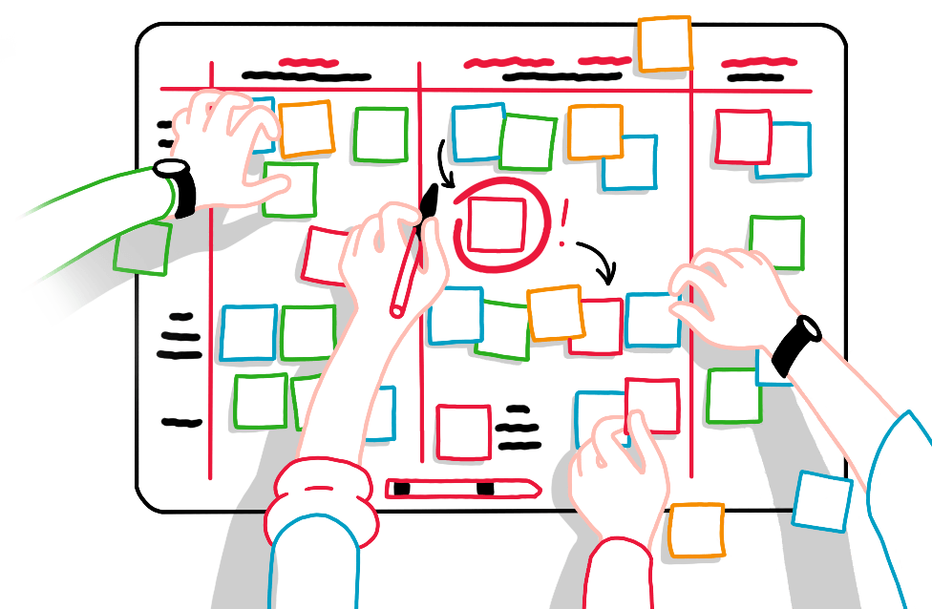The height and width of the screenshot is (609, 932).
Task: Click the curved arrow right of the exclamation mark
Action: pos(597,260)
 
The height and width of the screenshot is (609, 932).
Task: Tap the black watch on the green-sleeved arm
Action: pos(180,186)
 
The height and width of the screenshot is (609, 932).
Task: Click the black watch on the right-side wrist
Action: pos(797,344)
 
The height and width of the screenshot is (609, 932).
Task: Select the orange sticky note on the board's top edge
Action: pos(665,43)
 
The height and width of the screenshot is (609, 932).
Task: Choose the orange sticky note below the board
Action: pos(696,531)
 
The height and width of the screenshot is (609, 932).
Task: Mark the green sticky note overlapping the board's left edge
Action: pos(143,249)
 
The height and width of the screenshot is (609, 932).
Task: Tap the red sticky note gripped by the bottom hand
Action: pos(652,406)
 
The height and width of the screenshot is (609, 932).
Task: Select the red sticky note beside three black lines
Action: pos(463,430)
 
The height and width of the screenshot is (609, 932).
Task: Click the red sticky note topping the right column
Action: pos(742,136)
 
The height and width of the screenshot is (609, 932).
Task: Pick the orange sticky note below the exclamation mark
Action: pos(556,312)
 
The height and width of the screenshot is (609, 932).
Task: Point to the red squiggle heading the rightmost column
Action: pos(754,63)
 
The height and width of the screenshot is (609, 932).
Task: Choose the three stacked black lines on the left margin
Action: pos(180,336)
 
